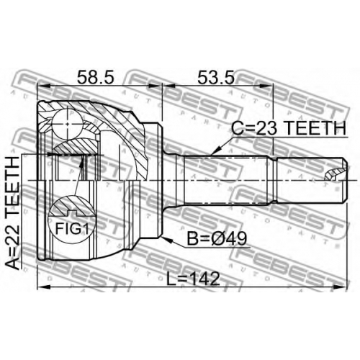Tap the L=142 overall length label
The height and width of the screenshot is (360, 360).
pyautogui.click(x=193, y=279)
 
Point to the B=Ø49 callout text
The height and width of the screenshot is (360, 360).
pyautogui.click(x=217, y=238)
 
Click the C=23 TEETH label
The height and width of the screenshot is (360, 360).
pyautogui.click(x=289, y=127)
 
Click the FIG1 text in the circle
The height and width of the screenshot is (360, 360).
pyautogui.click(x=72, y=228)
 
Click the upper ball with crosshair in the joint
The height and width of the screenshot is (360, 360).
pyautogui.click(x=68, y=124)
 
